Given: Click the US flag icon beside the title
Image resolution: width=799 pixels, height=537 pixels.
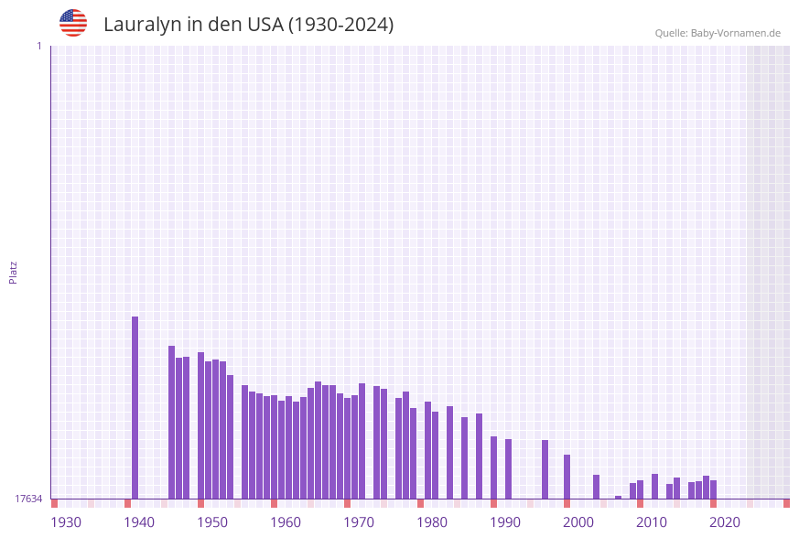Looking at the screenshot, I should [73, 23].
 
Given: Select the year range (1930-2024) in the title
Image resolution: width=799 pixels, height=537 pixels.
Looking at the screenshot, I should [340, 25].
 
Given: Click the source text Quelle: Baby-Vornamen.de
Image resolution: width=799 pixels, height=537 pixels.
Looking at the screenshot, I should [718, 33].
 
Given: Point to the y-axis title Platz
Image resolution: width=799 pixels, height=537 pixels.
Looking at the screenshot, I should [14, 272].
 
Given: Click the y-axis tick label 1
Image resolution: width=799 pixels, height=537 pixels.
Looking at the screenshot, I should [38, 46].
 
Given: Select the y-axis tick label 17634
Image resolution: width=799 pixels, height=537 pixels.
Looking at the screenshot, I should [27, 499].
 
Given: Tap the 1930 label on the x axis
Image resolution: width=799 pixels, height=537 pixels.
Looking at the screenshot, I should [66, 522].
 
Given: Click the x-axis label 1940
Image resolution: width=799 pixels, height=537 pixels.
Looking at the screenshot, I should [139, 522].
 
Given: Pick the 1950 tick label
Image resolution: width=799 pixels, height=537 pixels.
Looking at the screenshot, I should [212, 522].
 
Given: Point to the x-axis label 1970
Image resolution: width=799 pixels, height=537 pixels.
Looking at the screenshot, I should [359, 522].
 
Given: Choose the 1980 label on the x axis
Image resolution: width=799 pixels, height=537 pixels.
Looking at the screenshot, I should [432, 522].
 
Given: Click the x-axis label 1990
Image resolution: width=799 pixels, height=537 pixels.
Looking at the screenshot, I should [505, 522].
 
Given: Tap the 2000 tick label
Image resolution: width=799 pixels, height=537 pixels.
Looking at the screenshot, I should [578, 522].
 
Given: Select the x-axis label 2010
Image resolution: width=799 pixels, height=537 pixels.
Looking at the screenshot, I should [652, 522].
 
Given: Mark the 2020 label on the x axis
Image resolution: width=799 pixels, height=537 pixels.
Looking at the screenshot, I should [725, 522].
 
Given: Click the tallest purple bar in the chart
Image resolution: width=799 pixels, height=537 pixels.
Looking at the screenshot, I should [135, 407].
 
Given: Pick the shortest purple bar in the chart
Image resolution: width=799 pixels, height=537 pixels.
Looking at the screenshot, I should [619, 497].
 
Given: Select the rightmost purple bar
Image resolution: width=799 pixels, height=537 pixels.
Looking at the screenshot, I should [714, 489].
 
